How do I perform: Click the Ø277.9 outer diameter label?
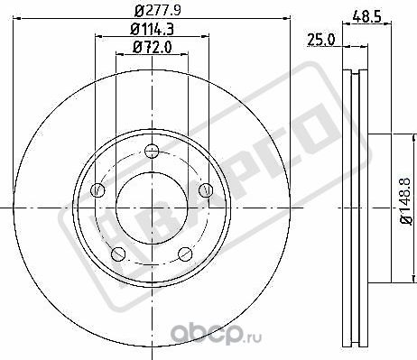coord(152,12)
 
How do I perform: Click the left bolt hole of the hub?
coord(98,189)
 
